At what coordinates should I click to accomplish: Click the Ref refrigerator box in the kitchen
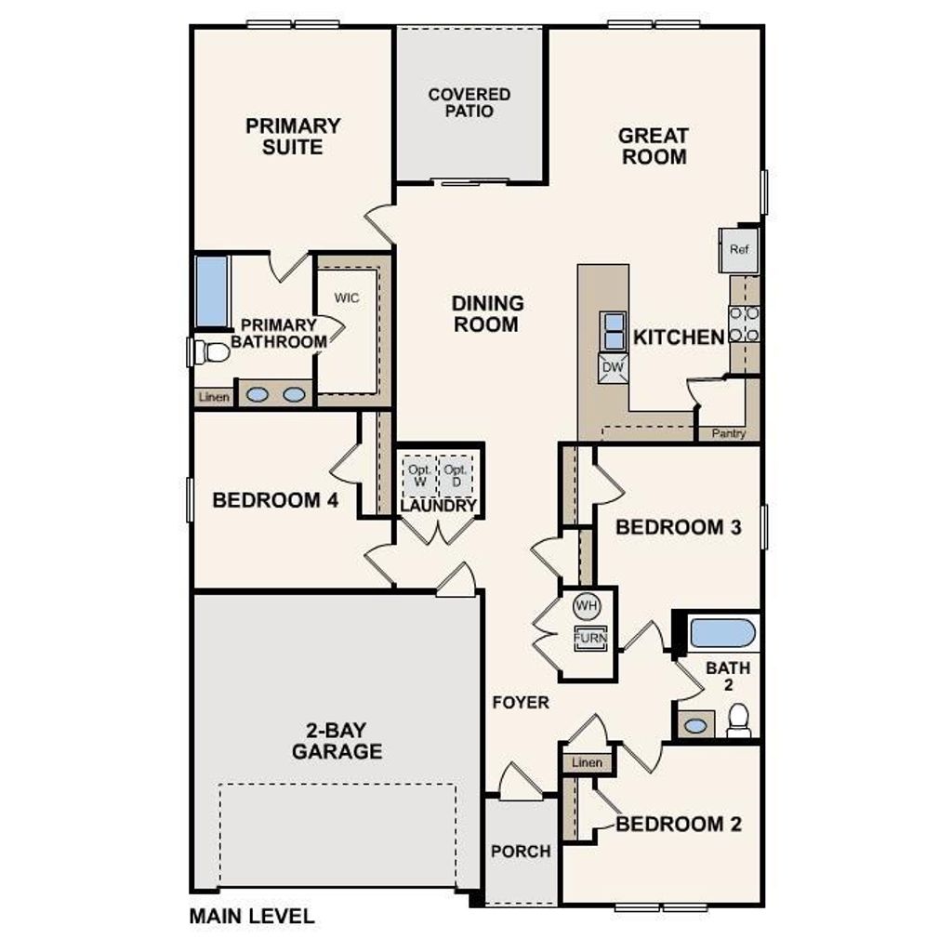[739, 249]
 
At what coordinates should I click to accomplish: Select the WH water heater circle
[587, 606]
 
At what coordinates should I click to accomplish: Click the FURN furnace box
[589, 639]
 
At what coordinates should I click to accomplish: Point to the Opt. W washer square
[419, 475]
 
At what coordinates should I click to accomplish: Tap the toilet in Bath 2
[739, 721]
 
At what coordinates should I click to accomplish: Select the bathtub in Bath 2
[722, 633]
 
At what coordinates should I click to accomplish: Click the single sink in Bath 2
[694, 725]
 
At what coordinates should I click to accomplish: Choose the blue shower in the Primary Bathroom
[212, 291]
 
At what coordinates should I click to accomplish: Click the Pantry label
[728, 433]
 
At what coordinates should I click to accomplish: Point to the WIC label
[346, 298]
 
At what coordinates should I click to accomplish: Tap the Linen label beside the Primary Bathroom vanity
[212, 398]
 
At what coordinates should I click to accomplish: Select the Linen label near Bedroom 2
[587, 762]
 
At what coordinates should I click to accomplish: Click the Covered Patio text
[469, 102]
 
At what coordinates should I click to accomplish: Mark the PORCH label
[521, 851]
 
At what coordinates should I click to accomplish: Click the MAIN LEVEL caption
[252, 916]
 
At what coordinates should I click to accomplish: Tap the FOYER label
[521, 702]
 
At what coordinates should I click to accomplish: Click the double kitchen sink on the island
[614, 331]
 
